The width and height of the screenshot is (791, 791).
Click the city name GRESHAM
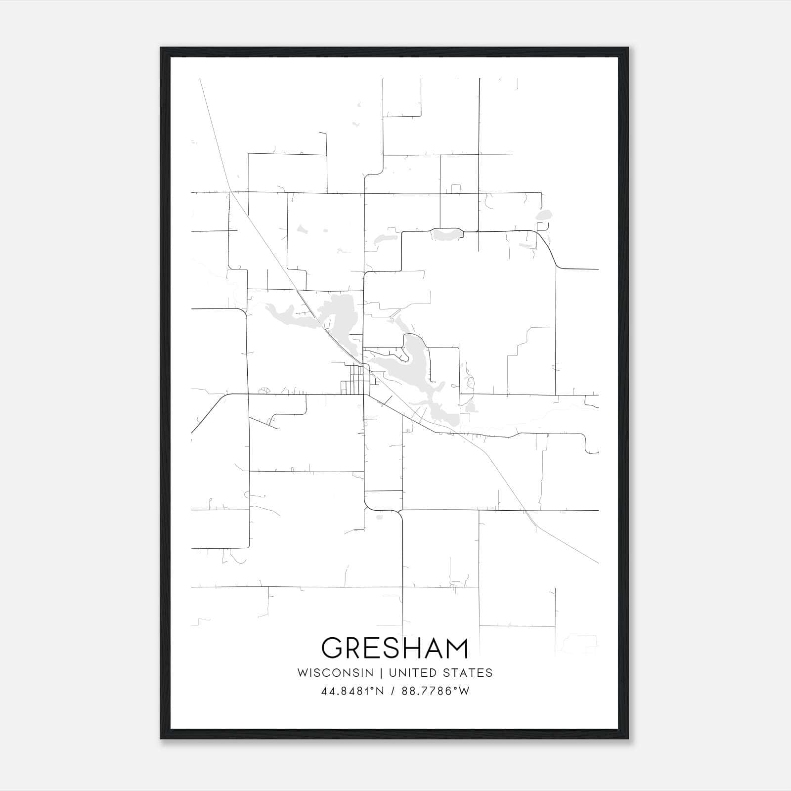point(395,648)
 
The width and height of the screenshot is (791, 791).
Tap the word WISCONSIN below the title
point(335,673)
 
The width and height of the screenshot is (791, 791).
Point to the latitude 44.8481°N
point(352,691)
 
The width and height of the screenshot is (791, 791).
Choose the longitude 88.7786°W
point(436,691)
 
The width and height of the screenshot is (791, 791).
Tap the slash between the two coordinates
point(393,691)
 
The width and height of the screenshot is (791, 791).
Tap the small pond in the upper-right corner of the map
point(544,216)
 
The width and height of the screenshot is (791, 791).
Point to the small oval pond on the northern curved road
point(446,233)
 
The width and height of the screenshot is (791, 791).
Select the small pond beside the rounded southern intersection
point(380,518)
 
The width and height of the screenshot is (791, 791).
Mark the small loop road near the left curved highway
point(265,391)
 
